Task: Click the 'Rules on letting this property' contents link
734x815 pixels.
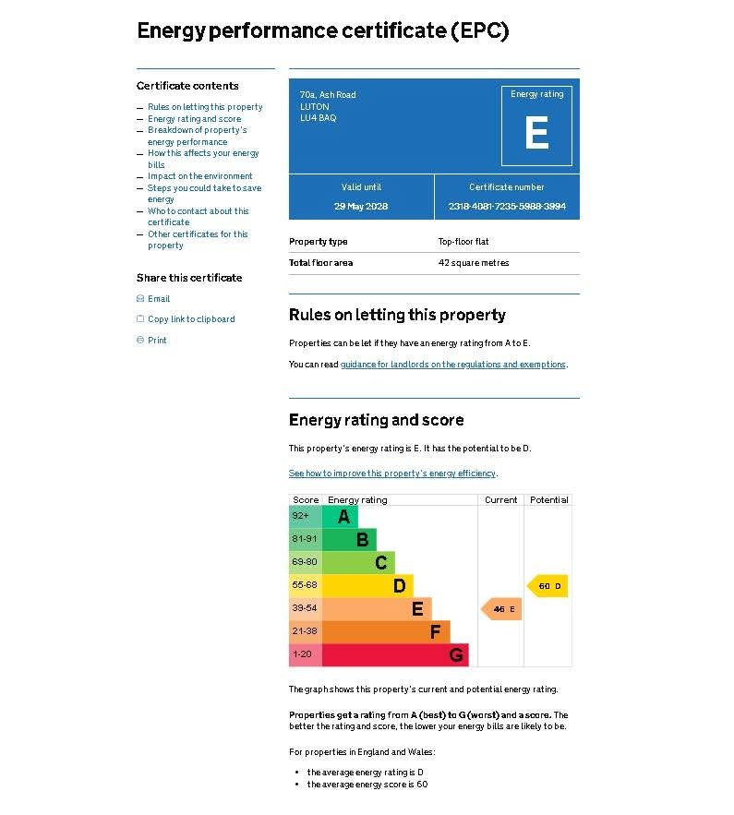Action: coord(205,107)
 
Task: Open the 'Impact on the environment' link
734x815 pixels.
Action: coord(199,176)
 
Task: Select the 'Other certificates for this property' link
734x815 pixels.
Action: coord(198,240)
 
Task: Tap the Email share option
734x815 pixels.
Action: coord(158,299)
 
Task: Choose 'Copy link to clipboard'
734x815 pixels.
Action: coord(191,319)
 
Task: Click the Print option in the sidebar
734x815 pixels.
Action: coord(157,341)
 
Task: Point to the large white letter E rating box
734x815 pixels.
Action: coord(536,132)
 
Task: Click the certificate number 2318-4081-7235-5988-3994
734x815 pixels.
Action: coord(507,206)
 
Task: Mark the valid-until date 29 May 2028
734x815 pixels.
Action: coord(361,206)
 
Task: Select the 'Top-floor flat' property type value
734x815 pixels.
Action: coord(463,242)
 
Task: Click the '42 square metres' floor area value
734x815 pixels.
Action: coord(474,263)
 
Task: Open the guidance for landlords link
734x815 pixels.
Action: coord(452,365)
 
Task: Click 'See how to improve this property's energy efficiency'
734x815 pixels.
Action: coord(392,473)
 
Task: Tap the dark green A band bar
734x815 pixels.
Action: coord(340,516)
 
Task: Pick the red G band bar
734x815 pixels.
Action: coord(395,655)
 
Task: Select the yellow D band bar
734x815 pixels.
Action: coord(367,585)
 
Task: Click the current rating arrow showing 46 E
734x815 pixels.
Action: coord(501,609)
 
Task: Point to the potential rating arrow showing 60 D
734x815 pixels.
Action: coord(547,586)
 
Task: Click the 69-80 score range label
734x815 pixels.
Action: coord(305,562)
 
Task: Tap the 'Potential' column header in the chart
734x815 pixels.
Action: coord(548,500)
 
